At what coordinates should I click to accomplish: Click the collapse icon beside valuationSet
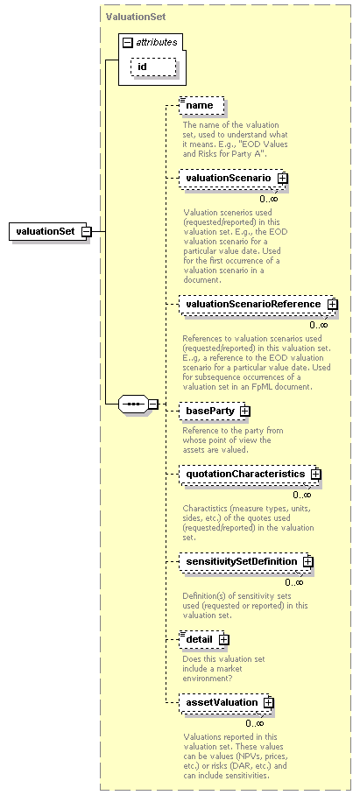click(86, 232)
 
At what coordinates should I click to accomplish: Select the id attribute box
click(153, 67)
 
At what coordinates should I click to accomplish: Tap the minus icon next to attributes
click(128, 43)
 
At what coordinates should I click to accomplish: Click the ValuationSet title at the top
click(136, 17)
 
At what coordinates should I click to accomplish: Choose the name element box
click(201, 106)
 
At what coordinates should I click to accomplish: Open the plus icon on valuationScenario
click(282, 178)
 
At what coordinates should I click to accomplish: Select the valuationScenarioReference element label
click(253, 304)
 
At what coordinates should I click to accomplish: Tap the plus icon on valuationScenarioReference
click(333, 304)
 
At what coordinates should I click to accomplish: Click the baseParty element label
click(210, 411)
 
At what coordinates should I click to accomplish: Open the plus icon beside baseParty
click(244, 411)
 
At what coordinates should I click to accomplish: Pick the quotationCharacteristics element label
click(245, 474)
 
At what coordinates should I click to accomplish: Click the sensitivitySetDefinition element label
click(242, 561)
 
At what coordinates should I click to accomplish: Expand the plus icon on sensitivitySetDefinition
click(307, 562)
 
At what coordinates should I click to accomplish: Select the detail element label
click(199, 639)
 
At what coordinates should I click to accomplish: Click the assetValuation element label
click(222, 702)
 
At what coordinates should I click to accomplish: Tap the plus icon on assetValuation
click(269, 703)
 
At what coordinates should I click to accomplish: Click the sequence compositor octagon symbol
click(133, 405)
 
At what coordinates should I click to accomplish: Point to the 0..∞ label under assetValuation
click(255, 723)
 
